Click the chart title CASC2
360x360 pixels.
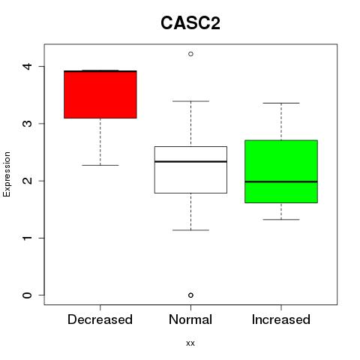click(x=190, y=23)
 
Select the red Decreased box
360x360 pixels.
click(x=100, y=94)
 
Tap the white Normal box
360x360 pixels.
click(x=190, y=169)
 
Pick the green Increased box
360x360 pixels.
click(x=281, y=172)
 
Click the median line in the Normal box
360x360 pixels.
click(x=190, y=161)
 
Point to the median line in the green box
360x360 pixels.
click(x=281, y=181)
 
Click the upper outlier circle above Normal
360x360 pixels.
click(x=190, y=54)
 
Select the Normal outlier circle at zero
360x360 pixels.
click(x=190, y=295)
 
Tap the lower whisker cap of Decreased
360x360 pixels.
click(x=100, y=165)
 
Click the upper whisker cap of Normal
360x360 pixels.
click(x=190, y=101)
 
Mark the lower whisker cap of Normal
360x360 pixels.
click(x=190, y=230)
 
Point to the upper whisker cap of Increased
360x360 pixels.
click(x=281, y=103)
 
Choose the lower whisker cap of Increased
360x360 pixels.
click(x=281, y=220)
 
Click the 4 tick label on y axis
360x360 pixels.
click(x=28, y=67)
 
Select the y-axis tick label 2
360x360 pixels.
click(x=28, y=181)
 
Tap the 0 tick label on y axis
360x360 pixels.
click(x=28, y=295)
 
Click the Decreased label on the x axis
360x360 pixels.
click(x=100, y=319)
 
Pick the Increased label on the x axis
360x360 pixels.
click(x=281, y=319)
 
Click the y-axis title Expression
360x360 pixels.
click(x=7, y=174)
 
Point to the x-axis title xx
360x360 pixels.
click(x=190, y=343)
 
